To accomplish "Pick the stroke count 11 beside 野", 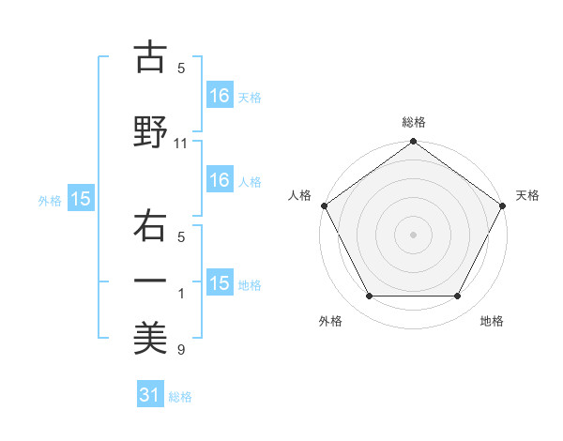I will [x=182, y=144].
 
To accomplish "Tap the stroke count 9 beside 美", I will [x=182, y=351].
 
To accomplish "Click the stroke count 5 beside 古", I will [x=182, y=68].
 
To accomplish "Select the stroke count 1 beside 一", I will [x=182, y=295].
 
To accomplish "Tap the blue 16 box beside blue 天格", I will [x=220, y=95].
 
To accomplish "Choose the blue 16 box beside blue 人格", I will [x=220, y=180].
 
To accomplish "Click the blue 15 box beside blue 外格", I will [x=81, y=199].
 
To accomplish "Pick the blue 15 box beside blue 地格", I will [x=220, y=283].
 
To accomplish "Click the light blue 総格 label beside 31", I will [x=180, y=397].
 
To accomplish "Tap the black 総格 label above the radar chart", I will [x=413, y=122].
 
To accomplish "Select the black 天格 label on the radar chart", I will [x=528, y=195].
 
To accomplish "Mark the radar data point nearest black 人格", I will [x=325, y=205].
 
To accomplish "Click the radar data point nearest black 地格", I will [x=458, y=297].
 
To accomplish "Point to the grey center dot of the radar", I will [x=413, y=234].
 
